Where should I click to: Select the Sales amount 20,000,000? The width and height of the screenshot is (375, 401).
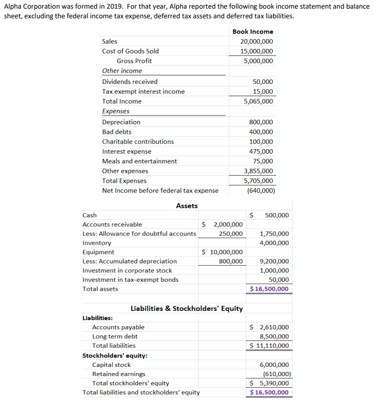(x=256, y=42)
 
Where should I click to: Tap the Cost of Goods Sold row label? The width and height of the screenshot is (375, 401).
(x=130, y=51)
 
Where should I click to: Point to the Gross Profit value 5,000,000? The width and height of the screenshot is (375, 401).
(x=258, y=61)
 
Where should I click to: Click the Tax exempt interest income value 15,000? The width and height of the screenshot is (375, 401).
(x=262, y=92)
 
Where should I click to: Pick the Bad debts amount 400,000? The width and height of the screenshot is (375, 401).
(x=260, y=132)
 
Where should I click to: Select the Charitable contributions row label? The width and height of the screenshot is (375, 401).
(x=138, y=141)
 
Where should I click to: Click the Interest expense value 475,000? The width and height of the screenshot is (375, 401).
(x=260, y=152)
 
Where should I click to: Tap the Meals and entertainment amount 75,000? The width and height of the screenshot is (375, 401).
(x=262, y=161)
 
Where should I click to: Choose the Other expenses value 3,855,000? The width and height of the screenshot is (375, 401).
(x=258, y=171)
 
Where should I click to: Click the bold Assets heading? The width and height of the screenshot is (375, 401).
(x=186, y=206)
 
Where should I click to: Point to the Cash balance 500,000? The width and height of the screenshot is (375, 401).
(x=277, y=215)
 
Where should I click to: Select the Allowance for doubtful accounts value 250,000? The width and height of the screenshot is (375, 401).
(x=230, y=234)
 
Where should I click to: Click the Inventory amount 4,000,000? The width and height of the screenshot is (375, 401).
(x=274, y=243)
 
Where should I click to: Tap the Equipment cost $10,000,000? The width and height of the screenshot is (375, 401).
(x=223, y=252)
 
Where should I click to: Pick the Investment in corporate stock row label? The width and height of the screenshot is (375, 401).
(x=127, y=270)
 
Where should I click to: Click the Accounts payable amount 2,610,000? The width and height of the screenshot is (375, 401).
(x=274, y=327)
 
